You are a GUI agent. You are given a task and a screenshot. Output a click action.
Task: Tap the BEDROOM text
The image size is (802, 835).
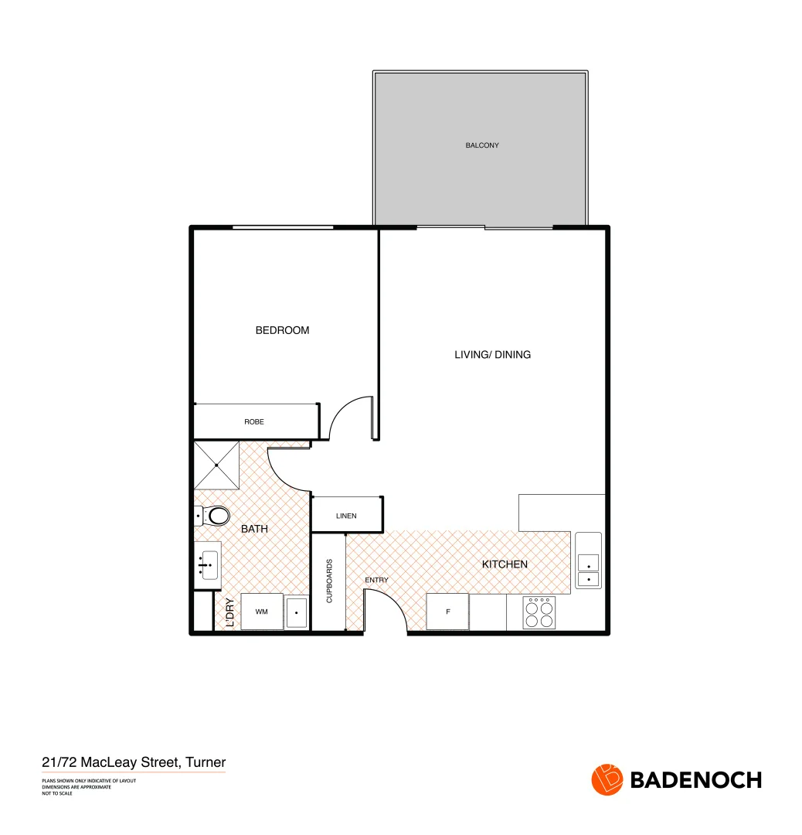(x=282, y=330)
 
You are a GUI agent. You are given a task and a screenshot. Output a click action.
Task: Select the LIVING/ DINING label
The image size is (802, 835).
(x=492, y=355)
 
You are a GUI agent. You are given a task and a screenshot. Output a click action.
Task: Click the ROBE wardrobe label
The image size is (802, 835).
(x=254, y=422)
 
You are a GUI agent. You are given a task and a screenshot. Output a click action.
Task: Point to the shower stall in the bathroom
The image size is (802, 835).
(x=216, y=465)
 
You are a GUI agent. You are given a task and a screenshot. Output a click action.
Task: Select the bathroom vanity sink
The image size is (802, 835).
(x=207, y=566)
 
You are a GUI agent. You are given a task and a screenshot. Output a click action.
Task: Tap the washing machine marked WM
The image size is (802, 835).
(x=262, y=612)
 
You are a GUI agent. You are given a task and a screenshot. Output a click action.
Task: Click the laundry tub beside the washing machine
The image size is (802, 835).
(x=297, y=612)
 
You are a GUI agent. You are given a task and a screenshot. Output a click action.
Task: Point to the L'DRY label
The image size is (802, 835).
(x=229, y=612)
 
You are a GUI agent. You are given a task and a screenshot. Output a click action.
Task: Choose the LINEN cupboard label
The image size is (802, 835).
(x=346, y=516)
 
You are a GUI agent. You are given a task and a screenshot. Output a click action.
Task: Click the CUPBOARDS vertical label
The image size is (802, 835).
(x=329, y=581)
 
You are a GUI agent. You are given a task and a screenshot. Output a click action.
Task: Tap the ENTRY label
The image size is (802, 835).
(x=376, y=580)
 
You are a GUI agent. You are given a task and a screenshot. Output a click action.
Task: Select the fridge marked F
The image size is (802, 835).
(x=447, y=612)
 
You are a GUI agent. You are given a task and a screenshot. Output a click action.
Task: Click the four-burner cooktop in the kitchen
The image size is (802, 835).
(x=539, y=612)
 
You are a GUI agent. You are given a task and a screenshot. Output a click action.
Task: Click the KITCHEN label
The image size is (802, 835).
(x=505, y=564)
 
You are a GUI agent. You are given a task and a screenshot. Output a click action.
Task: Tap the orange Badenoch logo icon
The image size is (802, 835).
(x=607, y=779)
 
